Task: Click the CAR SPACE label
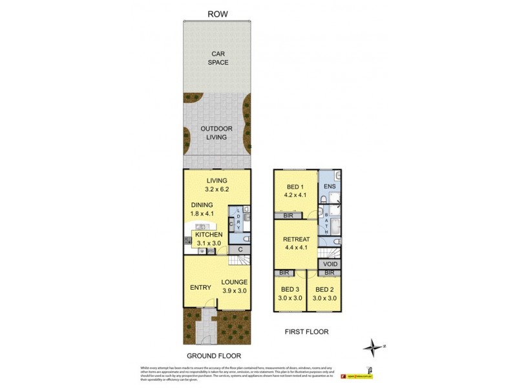point(218,58)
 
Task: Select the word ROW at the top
point(218,14)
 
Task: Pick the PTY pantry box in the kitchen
point(210,252)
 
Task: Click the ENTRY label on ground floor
point(200,287)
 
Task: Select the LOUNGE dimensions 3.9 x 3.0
point(234,292)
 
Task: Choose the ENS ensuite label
point(330,187)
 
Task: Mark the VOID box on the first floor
point(330,264)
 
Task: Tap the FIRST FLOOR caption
point(306,332)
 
